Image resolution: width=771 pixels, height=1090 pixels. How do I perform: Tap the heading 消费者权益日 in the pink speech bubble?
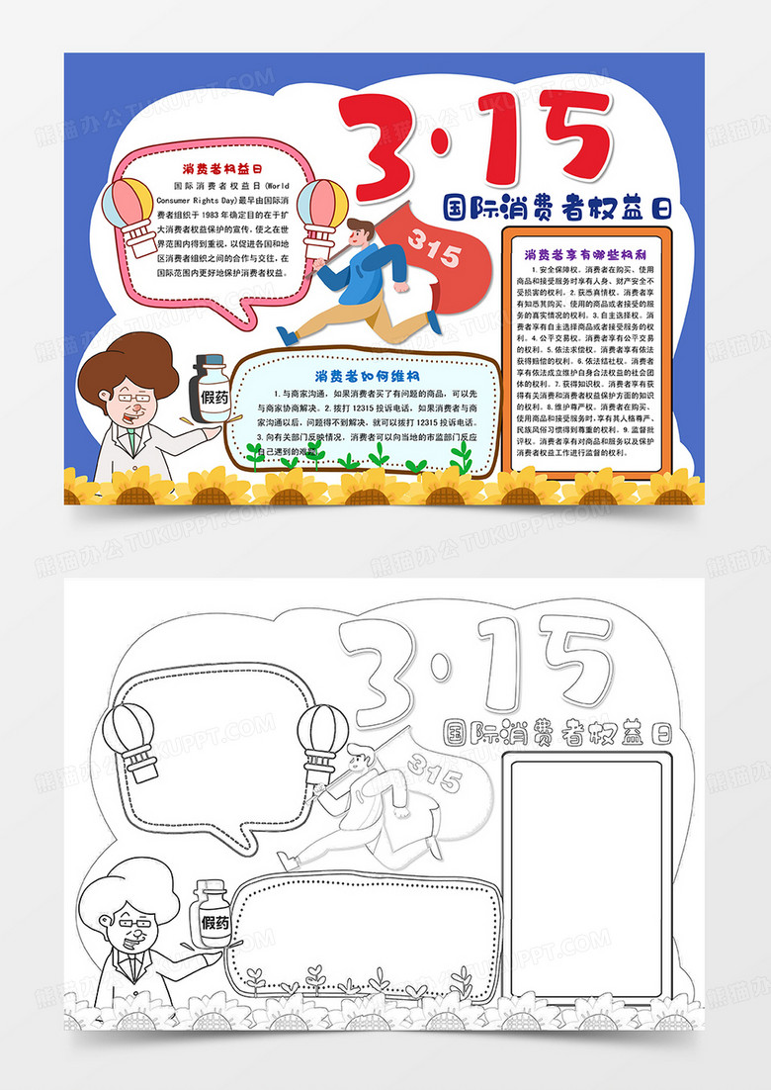[220, 169]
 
